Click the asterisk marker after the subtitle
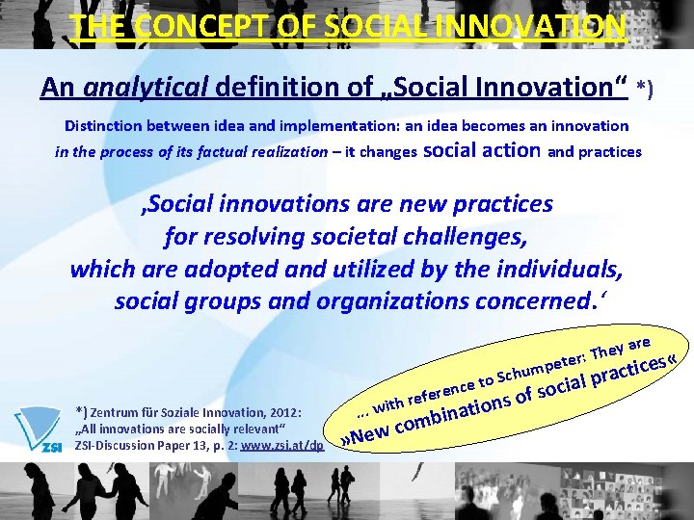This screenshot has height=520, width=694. coord(645,90)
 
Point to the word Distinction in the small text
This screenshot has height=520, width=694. coord(105,126)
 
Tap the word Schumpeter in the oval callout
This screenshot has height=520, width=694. coord(540,365)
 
